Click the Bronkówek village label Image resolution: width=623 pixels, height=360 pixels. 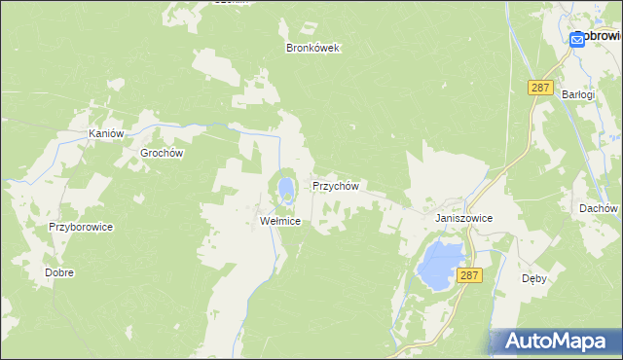tap(311, 48)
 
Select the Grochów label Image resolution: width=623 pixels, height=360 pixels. tap(163, 153)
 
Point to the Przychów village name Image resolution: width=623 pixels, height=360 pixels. tap(336, 185)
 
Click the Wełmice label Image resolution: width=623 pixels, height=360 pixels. tap(280, 222)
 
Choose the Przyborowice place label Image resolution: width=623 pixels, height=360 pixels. tap(82, 227)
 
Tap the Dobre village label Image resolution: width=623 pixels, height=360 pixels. tap(59, 272)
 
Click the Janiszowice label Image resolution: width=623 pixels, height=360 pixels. tap(464, 219)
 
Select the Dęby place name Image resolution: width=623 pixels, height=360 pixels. tap(534, 277)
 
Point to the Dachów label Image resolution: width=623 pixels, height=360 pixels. tap(598, 208)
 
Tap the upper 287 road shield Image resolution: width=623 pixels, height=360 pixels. tap(540, 88)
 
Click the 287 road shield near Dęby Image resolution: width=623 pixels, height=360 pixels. tap(470, 276)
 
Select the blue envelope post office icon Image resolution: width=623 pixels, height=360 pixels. tap(577, 38)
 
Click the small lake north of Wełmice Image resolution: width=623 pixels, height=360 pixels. tap(285, 186)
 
